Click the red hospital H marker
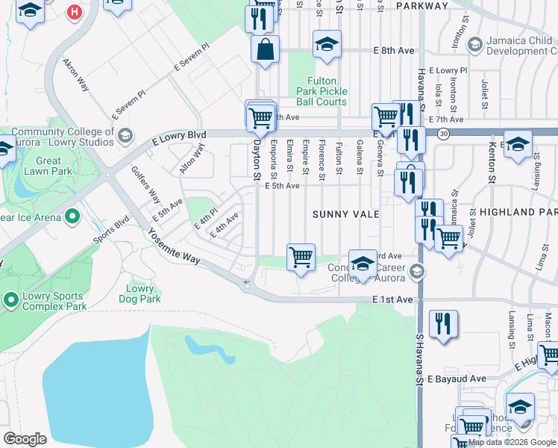pyautogui.click(x=74, y=12)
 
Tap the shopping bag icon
pyautogui.click(x=265, y=50)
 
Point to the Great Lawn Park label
pyautogui.click(x=48, y=166)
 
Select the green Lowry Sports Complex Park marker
pyautogui.click(x=11, y=300)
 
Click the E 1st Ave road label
pyautogui.click(x=392, y=299)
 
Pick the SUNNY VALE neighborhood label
pyautogui.click(x=345, y=214)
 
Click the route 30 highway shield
pyautogui.click(x=443, y=134)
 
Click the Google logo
pyautogui.click(x=25, y=438)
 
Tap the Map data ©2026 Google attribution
pyautogui.click(x=512, y=442)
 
